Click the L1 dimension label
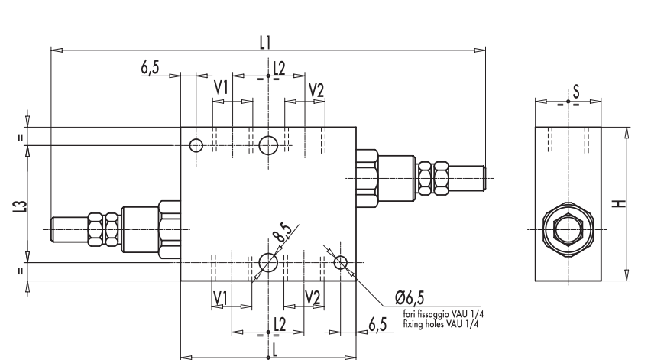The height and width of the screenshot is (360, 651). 265,43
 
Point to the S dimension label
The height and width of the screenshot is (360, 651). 575,91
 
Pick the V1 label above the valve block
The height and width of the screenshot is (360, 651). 221,89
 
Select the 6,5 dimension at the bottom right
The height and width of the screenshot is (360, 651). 377,325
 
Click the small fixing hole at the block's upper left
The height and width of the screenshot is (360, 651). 196,145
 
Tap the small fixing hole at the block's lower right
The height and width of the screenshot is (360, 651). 342,263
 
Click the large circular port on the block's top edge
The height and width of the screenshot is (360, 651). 268,144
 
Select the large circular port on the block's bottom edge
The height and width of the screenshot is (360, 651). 268,263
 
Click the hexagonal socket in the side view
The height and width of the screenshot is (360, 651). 568,229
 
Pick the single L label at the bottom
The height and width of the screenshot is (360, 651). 267,347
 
